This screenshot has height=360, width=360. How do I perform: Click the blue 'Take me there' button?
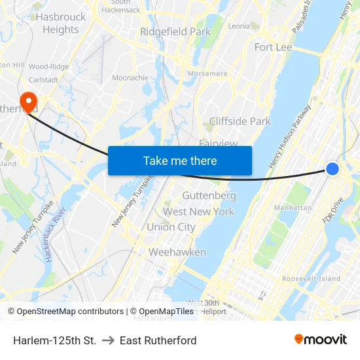pyautogui.click(x=180, y=160)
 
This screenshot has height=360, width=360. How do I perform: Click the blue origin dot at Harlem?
pyautogui.click(x=333, y=169)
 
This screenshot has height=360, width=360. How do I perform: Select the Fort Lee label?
pyautogui.click(x=273, y=47)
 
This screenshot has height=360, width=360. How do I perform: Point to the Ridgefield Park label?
pyautogui.click(x=175, y=31)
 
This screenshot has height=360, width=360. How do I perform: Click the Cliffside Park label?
pyautogui.click(x=240, y=121)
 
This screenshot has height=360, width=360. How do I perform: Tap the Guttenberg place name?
pyautogui.click(x=209, y=196)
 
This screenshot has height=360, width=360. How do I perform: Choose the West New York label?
pyautogui.click(x=198, y=211)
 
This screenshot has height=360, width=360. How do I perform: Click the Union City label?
pyautogui.click(x=171, y=227)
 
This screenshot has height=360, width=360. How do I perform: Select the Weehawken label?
pyautogui.click(x=177, y=252)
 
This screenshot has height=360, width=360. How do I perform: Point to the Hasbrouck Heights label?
pyautogui.click(x=61, y=23)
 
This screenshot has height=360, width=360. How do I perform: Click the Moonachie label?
pyautogui.click(x=130, y=77)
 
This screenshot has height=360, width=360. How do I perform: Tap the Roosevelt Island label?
pyautogui.click(x=311, y=279)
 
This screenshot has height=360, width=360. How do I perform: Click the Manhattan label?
pyautogui.click(x=293, y=207)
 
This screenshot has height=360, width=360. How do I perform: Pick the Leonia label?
pyautogui.click(x=239, y=26)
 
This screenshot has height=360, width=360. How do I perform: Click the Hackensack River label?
pyautogui.click(x=55, y=234)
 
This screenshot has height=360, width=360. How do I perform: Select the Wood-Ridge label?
pyautogui.click(x=48, y=67)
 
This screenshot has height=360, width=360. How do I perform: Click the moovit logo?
pyautogui.click(x=321, y=340)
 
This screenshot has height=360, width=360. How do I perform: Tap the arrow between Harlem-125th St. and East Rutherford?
pyautogui.click(x=108, y=340)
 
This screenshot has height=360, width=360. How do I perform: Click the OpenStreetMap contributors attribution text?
pyautogui.click(x=65, y=312)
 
